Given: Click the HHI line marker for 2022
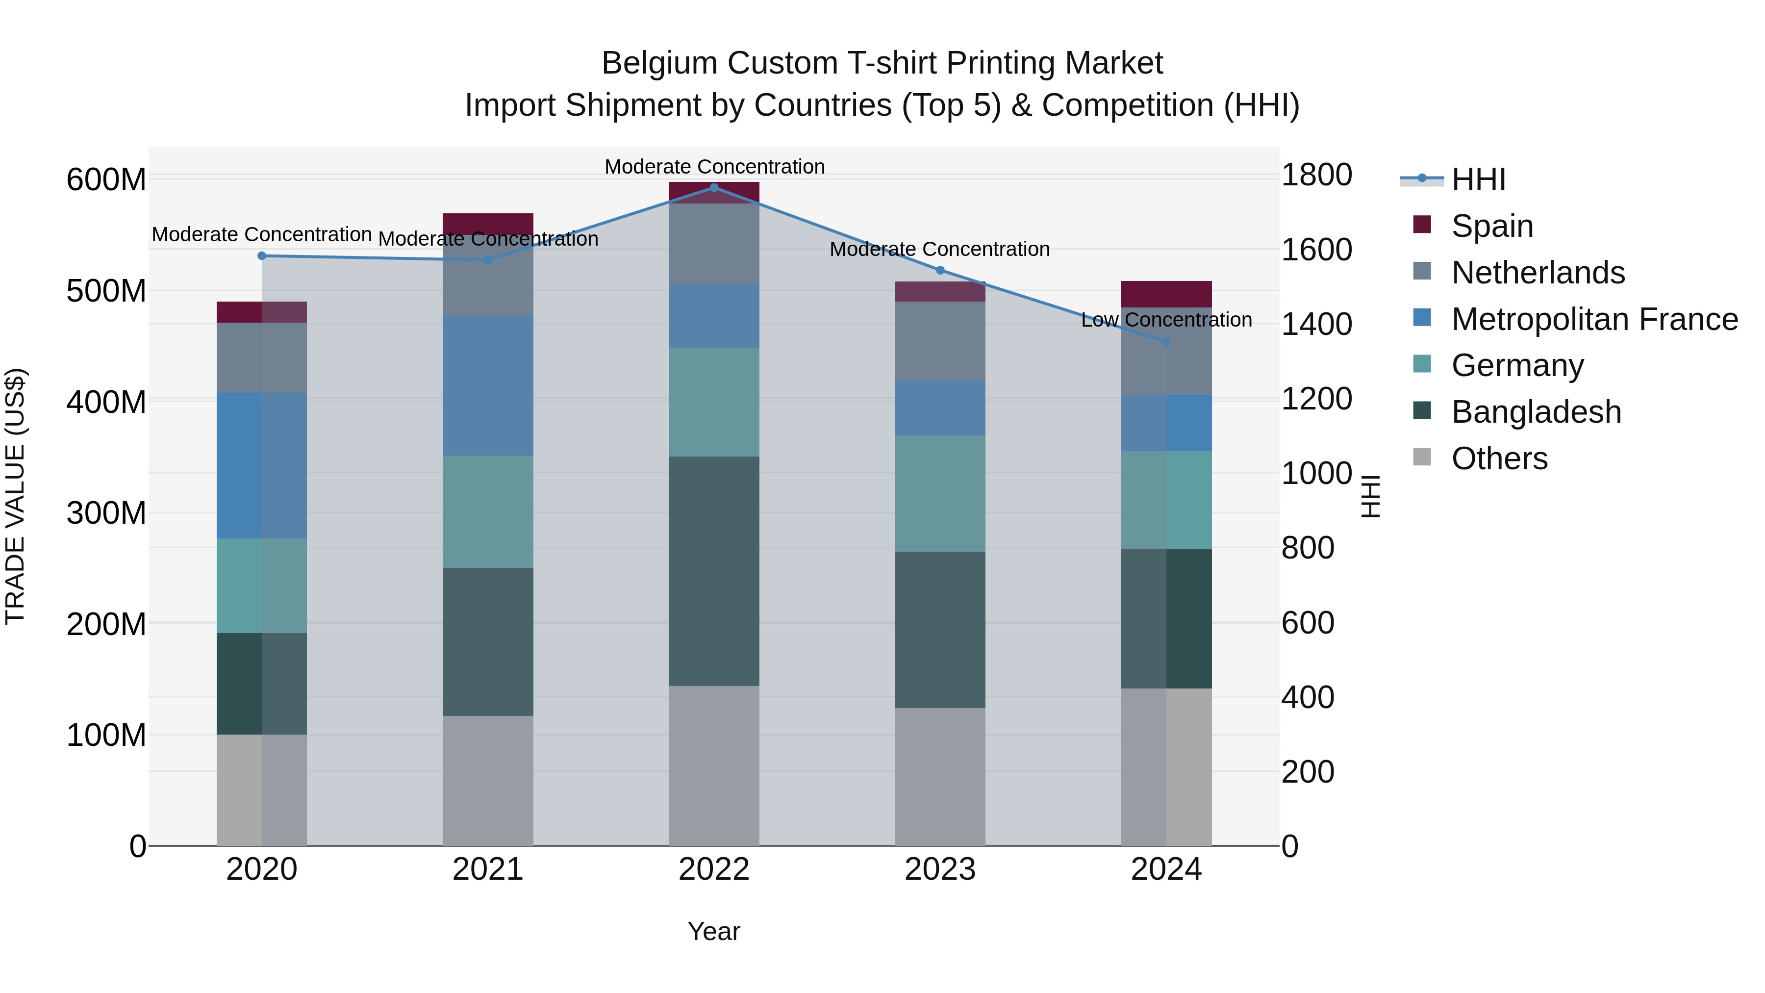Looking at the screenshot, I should coord(714,188).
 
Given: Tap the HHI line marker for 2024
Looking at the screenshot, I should coord(1166,341).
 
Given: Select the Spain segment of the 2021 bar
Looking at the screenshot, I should coord(488,224).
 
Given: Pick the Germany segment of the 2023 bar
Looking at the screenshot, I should coord(940,493).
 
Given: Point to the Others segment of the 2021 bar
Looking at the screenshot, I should coord(488,781).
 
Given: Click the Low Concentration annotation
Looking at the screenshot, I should coord(1166,320).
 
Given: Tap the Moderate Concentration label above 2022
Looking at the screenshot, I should coord(714,167).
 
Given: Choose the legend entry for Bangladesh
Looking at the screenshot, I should coord(1536,412).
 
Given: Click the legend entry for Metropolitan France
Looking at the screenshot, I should coord(1594,319).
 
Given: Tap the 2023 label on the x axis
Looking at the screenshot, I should coord(940,869).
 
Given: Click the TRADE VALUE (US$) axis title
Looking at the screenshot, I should coord(15,496).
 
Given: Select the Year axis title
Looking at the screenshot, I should coord(714,931).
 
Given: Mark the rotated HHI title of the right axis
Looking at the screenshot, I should coord(1370,496).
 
